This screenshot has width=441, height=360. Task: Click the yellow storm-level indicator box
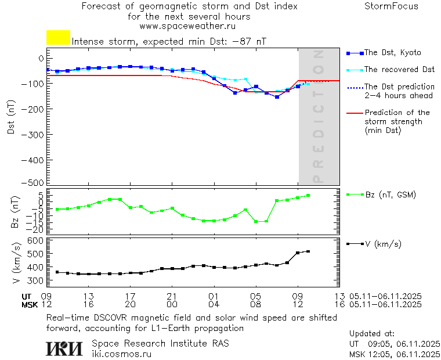[x=58, y=38]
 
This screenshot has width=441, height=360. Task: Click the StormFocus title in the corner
[x=391, y=6]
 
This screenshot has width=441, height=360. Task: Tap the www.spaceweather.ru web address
[x=187, y=26]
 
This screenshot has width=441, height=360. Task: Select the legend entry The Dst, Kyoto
[x=392, y=53]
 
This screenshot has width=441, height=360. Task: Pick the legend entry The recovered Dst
[x=399, y=70]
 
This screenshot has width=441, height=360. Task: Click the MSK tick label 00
[x=172, y=304]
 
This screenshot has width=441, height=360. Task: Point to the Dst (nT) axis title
[x=11, y=118]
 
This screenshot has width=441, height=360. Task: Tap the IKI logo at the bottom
[x=64, y=348]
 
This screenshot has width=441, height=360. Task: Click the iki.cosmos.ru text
[x=122, y=353]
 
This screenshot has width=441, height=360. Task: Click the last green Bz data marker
[x=308, y=195]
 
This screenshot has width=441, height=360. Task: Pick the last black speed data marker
[x=308, y=251]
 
